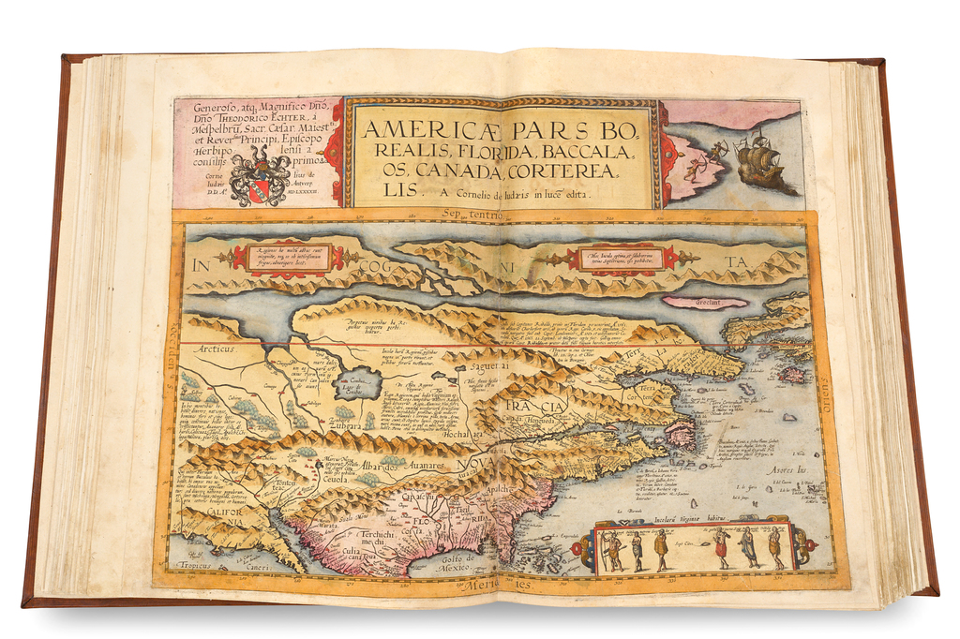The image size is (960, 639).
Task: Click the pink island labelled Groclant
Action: tap(704, 302)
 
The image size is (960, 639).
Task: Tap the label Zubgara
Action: tap(346, 424)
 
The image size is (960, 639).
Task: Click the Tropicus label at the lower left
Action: tap(194, 565)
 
